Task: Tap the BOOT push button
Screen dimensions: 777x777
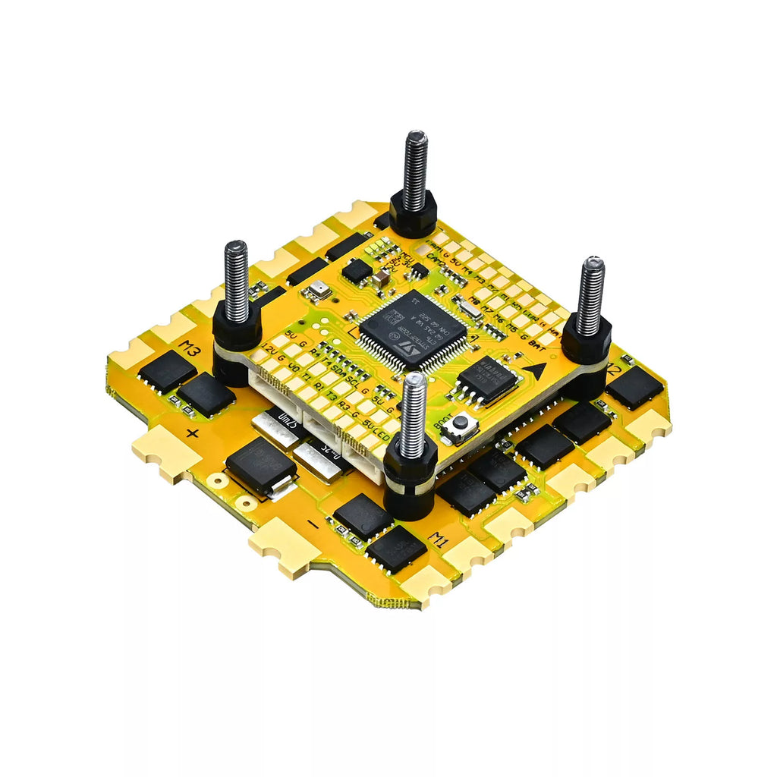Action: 460,427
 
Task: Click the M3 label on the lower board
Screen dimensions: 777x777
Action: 190,350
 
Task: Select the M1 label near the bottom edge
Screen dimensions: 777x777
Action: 439,539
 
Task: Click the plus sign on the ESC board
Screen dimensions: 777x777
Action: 193,434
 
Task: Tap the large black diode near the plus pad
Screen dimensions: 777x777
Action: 260,466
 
